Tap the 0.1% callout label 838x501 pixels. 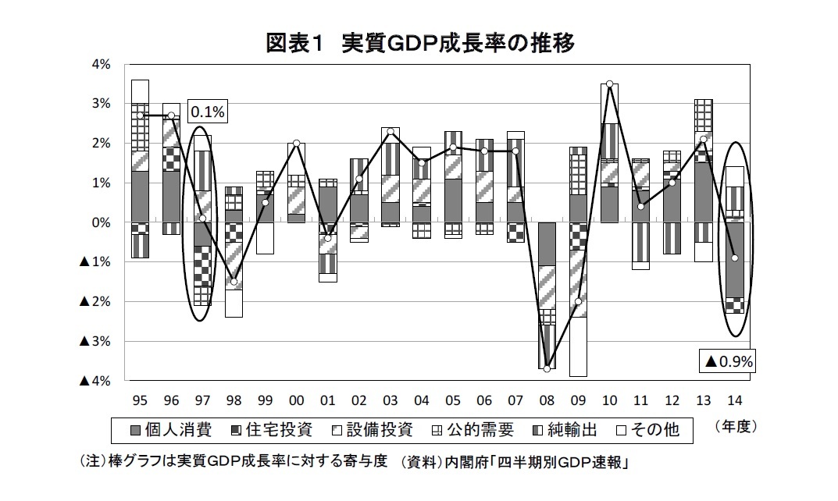pos(207,112)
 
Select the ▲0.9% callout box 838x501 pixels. pos(727,361)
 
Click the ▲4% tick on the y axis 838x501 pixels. pos(97,381)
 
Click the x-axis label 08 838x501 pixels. pos(547,400)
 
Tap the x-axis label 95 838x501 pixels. pos(140,400)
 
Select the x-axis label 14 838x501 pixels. pos(734,400)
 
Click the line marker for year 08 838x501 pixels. pos(547,368)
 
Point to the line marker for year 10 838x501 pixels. pos(609,83)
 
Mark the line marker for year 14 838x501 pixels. pos(734,258)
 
